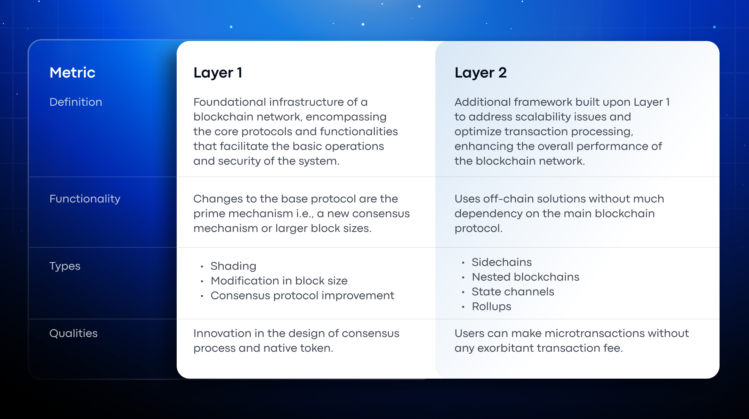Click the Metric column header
(x=72, y=73)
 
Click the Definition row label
(x=76, y=102)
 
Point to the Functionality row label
(x=85, y=199)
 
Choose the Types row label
(x=65, y=266)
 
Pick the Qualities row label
(x=74, y=333)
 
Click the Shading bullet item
(x=233, y=266)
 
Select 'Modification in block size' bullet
(x=279, y=281)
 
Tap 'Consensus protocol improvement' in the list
(x=302, y=296)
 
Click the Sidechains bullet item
(x=502, y=262)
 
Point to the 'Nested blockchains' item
(x=526, y=277)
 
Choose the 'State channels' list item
(x=513, y=292)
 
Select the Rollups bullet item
(x=491, y=307)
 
